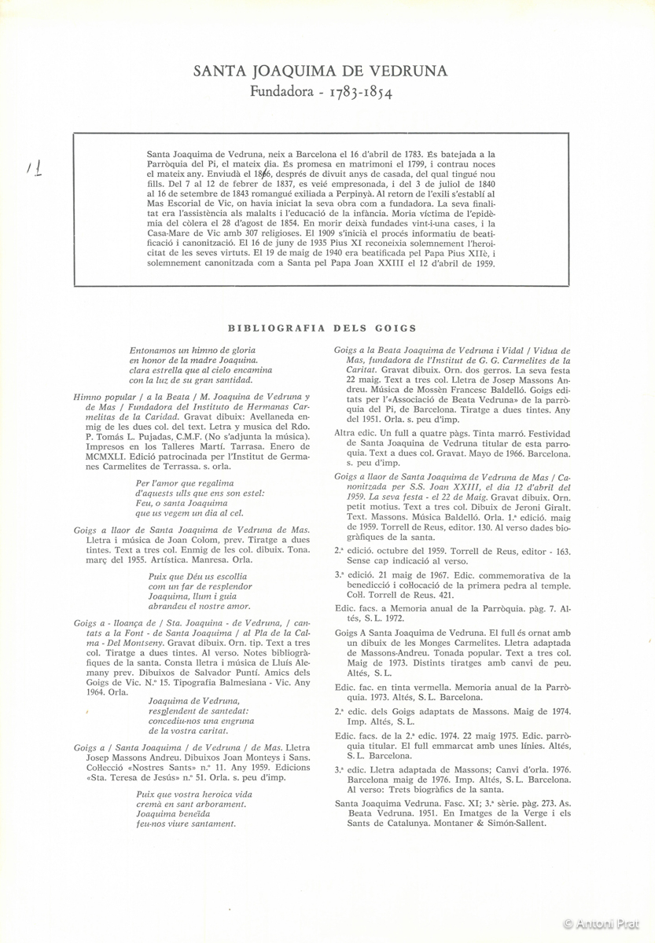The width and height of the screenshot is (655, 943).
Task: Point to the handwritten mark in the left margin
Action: coord(33,167)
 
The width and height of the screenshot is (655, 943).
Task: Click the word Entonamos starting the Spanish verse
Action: coord(155,348)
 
